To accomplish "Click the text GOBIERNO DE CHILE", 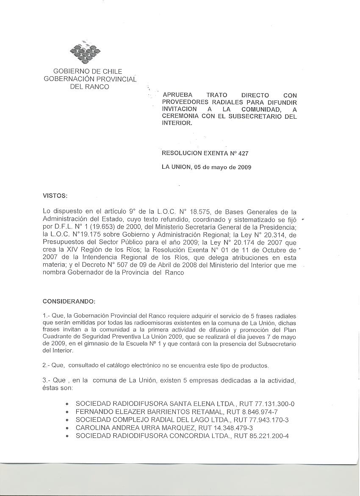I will (88, 71).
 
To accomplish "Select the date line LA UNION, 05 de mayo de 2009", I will (206, 167).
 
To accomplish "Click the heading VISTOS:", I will (55, 195).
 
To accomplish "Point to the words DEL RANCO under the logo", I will (89, 86).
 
